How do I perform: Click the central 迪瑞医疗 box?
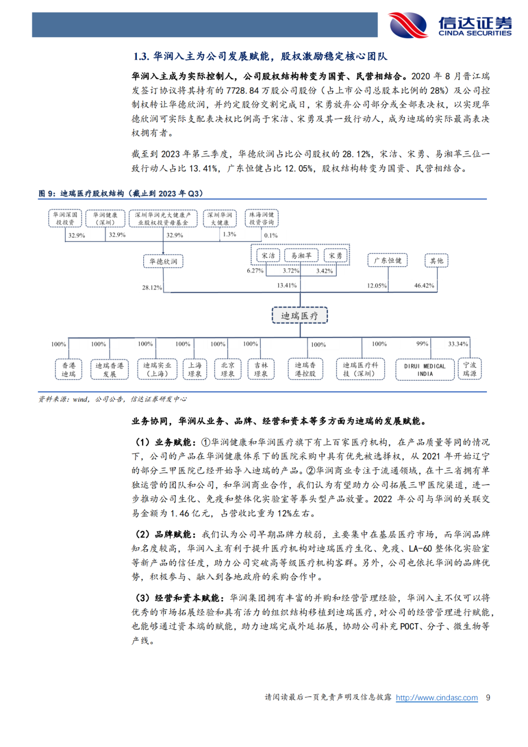300,316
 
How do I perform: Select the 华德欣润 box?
163,261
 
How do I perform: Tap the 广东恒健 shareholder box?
387,260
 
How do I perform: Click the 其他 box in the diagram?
437,261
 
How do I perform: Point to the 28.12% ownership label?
152,288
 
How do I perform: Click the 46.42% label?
424,285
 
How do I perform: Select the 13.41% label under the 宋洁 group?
287,285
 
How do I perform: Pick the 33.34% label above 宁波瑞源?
458,344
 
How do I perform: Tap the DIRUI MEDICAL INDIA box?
424,370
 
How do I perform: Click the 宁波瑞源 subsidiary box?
469,369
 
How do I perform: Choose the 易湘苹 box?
301,255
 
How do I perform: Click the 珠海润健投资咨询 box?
262,218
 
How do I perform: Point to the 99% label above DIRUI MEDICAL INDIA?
422,343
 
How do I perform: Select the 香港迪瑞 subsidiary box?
68,369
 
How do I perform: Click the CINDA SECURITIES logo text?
475,33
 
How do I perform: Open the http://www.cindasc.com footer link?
437,698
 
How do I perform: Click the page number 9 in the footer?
488,698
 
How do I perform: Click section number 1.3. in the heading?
141,56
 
